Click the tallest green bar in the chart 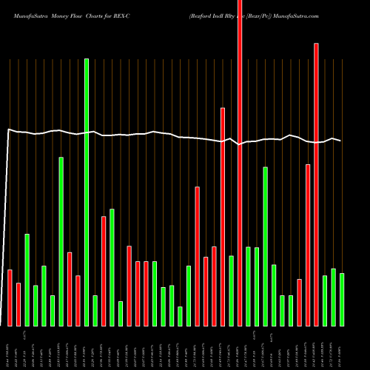click(87, 192)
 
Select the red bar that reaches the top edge click(239, 163)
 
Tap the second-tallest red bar click(316, 185)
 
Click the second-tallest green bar click(61, 241)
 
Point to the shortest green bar click(180, 316)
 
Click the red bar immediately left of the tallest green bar click(78, 300)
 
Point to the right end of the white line click(340, 141)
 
